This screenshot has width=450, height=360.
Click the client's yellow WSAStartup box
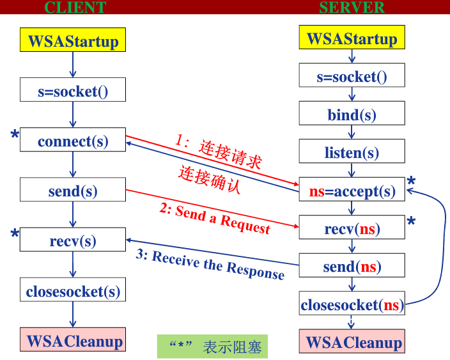(72, 40)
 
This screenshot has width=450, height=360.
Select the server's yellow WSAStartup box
(352, 38)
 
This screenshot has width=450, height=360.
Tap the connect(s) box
(72, 140)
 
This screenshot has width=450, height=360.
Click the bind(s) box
(352, 114)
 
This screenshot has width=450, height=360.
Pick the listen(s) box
(352, 152)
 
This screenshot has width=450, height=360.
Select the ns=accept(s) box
(352, 190)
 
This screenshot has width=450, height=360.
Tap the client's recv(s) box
(72, 240)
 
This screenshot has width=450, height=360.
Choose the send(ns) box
(352, 265)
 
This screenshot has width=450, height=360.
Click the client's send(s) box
(72, 191)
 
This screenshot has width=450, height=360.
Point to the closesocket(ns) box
(352, 304)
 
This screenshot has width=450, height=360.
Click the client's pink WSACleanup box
(72, 340)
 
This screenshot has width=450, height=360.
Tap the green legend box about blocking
(213, 347)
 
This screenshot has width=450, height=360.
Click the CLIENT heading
(75, 8)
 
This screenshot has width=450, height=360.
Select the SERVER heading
(352, 8)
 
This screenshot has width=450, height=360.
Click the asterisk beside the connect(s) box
(14, 135)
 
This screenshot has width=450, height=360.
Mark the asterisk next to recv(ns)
(411, 223)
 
